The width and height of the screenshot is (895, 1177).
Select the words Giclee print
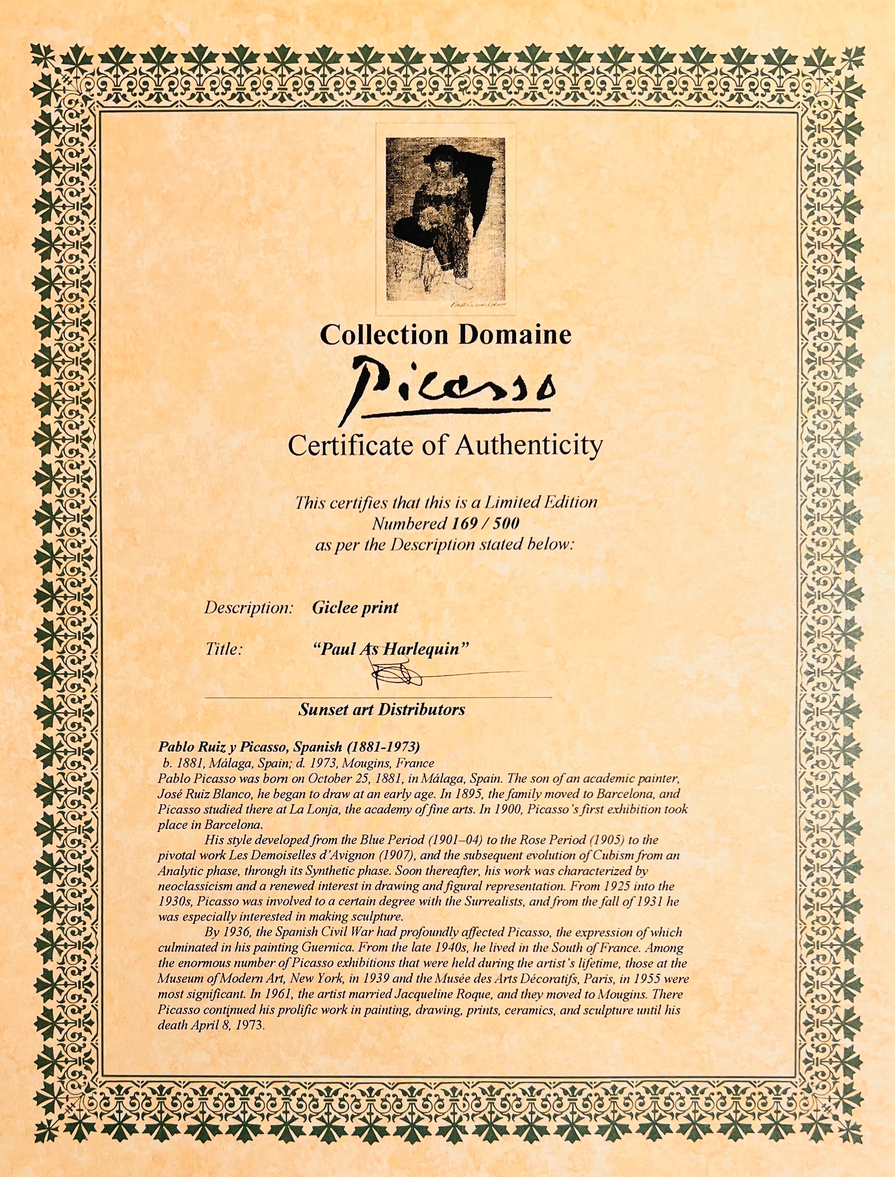point(355,608)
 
